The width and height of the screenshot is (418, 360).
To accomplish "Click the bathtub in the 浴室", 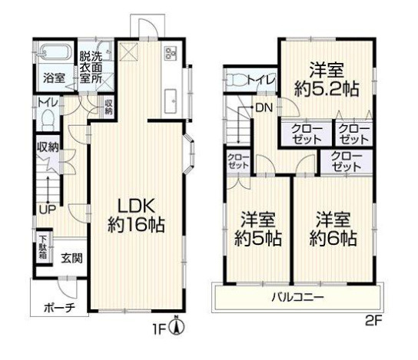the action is pyautogui.click(x=55, y=52).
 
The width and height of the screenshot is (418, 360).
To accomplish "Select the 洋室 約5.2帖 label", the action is pyautogui.click(x=327, y=79).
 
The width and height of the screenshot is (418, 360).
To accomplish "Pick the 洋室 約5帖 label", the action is pyautogui.click(x=257, y=230).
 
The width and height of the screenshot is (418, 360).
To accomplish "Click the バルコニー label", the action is pyautogui.click(x=298, y=297).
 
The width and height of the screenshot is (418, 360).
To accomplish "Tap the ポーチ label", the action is pyautogui.click(x=60, y=308).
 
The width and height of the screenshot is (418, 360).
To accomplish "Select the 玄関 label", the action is pyautogui.click(x=71, y=258).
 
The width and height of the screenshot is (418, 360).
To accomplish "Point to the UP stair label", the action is pyautogui.click(x=48, y=210).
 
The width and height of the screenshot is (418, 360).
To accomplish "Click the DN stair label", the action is pyautogui.click(x=264, y=107).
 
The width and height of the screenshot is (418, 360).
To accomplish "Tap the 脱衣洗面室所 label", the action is pyautogui.click(x=91, y=67).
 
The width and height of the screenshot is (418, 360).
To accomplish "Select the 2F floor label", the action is pyautogui.click(x=373, y=321).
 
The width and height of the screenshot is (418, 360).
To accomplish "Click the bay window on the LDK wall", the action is pyautogui.click(x=189, y=154).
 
